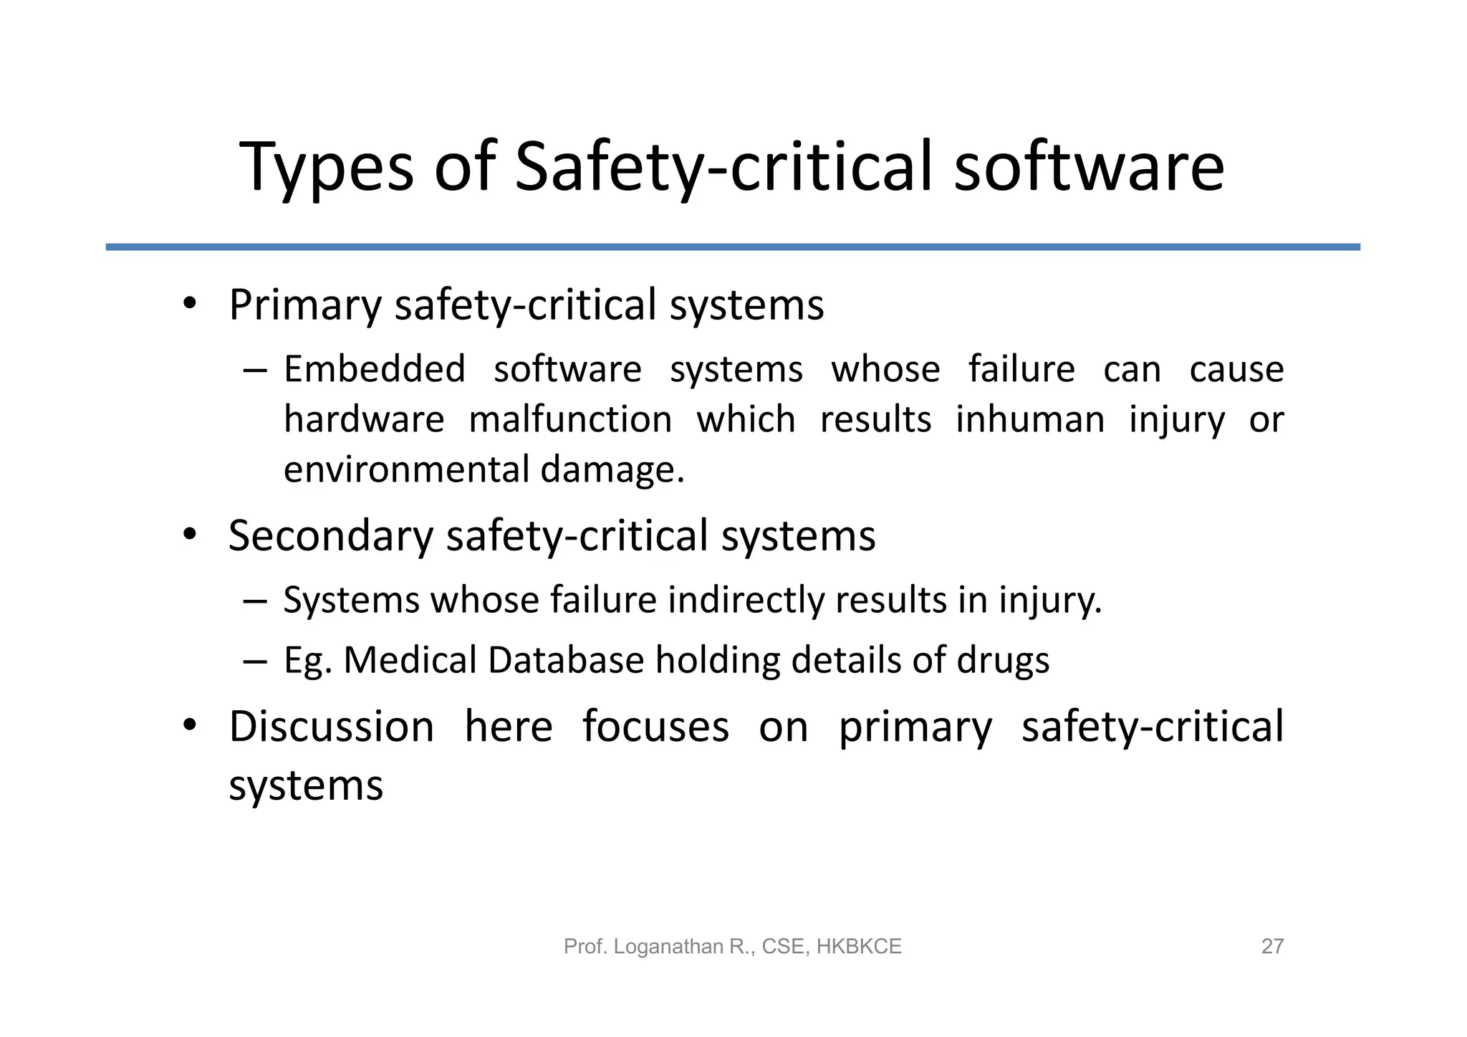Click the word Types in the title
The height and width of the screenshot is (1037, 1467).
(326, 168)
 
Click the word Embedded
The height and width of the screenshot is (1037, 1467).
(375, 370)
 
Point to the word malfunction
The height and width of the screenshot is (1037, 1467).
(570, 420)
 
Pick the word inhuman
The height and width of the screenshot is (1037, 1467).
(1030, 420)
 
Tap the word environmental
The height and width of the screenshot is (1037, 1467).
(406, 470)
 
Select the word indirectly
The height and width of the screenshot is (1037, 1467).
(746, 600)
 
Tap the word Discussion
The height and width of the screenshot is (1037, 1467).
(332, 727)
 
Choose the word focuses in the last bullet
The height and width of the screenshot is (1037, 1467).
(655, 727)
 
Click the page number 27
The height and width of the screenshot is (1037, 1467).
(1272, 947)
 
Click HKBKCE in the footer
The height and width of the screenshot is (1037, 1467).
(859, 947)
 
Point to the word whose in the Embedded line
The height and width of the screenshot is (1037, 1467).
(885, 370)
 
